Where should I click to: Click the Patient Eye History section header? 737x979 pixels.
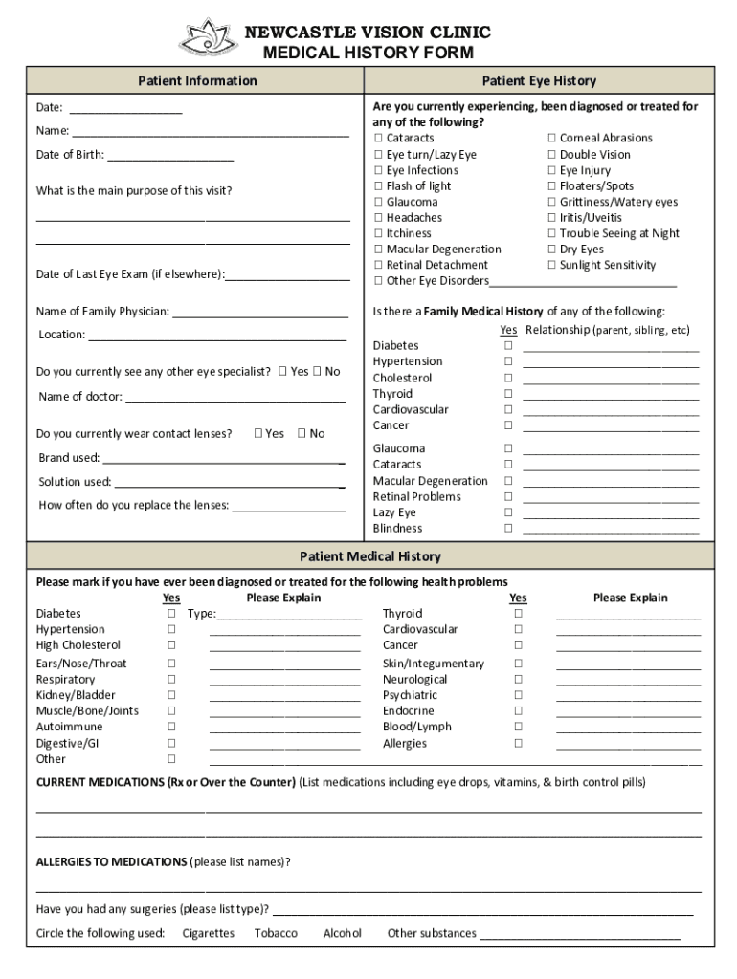pyautogui.click(x=539, y=81)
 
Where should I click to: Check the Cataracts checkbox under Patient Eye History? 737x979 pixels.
pyautogui.click(x=378, y=139)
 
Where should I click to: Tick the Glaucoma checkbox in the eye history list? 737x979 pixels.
pyautogui.click(x=378, y=203)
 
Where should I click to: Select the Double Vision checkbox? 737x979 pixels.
pyautogui.click(x=551, y=155)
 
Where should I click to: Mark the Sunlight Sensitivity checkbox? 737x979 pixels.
pyautogui.click(x=551, y=266)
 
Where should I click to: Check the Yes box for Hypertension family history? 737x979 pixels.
pyautogui.click(x=509, y=362)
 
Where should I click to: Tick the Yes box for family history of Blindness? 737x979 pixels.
pyautogui.click(x=509, y=529)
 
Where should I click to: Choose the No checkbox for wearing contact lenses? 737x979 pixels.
pyautogui.click(x=301, y=434)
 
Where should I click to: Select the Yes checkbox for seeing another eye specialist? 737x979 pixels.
pyautogui.click(x=282, y=372)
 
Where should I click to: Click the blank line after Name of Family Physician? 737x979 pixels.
pyautogui.click(x=260, y=313)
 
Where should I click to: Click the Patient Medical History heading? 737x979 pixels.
pyautogui.click(x=369, y=556)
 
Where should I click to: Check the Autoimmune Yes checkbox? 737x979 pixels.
pyautogui.click(x=172, y=728)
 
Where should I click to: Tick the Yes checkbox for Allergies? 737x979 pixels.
pyautogui.click(x=518, y=744)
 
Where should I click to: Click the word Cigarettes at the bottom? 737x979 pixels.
pyautogui.click(x=208, y=934)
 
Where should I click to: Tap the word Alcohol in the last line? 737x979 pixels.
pyautogui.click(x=342, y=934)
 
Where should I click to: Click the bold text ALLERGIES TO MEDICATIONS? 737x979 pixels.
pyautogui.click(x=111, y=862)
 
